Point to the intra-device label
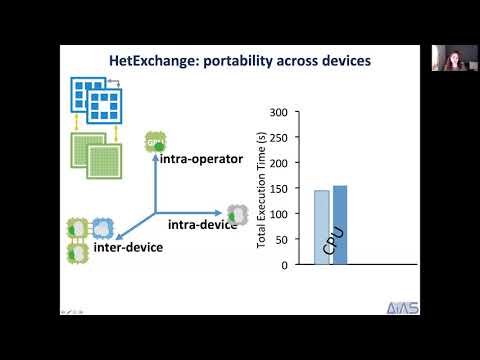click(200, 223)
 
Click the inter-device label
click(127, 246)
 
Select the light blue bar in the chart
click(321, 227)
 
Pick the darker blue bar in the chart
click(340, 225)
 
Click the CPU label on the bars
click(332, 242)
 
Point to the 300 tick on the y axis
click(279, 112)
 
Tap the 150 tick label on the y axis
click(279, 188)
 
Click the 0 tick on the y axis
click(285, 265)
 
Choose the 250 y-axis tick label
click(279, 137)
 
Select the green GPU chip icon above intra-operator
click(155, 141)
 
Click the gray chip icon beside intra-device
click(237, 212)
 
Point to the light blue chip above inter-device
click(101, 227)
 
